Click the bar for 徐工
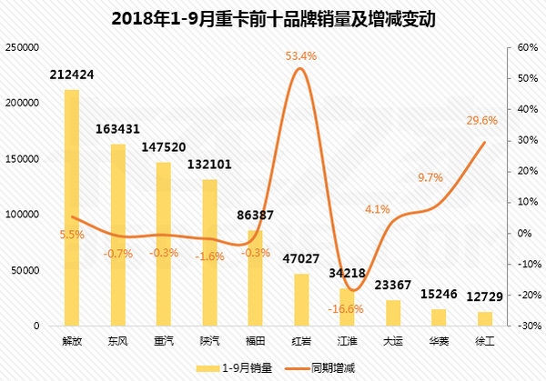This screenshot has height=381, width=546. (x=485, y=318)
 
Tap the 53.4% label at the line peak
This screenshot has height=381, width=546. (x=301, y=56)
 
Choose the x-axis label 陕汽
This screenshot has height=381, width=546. (x=210, y=341)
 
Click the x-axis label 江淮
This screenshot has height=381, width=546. (x=348, y=341)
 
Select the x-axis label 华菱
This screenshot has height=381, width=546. (x=439, y=341)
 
